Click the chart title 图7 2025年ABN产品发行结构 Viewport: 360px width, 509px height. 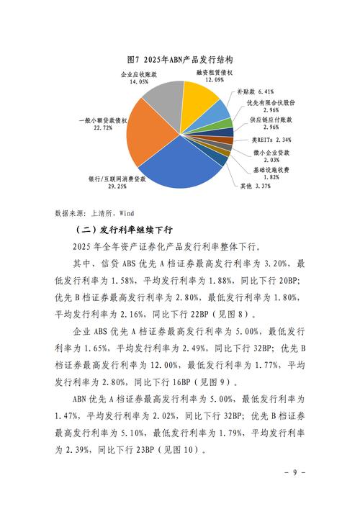point(179,59)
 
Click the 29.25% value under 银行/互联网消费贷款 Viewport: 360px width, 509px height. point(117,186)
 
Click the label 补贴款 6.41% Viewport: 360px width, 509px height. point(256,92)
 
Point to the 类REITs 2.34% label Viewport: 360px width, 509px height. point(266,139)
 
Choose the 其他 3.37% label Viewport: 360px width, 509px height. point(256,186)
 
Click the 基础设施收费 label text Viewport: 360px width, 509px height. point(271,168)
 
